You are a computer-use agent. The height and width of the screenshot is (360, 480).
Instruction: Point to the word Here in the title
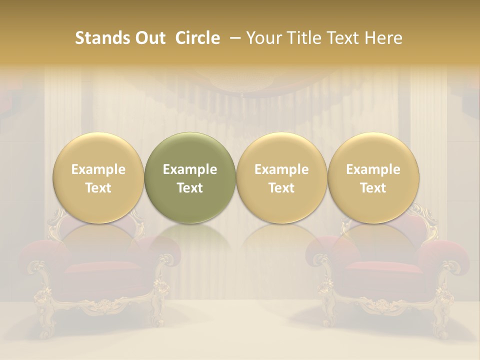384,38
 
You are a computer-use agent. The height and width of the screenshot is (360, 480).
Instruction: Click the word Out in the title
149,38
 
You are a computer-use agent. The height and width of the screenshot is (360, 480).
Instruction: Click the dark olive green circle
190,177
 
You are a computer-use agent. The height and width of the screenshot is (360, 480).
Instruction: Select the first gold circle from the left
98,177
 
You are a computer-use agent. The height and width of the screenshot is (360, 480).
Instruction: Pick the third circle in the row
281,177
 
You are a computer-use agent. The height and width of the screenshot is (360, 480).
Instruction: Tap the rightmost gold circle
373,177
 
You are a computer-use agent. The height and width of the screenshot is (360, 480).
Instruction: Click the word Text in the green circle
190,188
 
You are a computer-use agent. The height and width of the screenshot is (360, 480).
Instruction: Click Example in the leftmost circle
98,169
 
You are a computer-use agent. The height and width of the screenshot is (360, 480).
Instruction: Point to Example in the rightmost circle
373,169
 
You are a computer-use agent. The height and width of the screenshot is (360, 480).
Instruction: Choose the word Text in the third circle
281,188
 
